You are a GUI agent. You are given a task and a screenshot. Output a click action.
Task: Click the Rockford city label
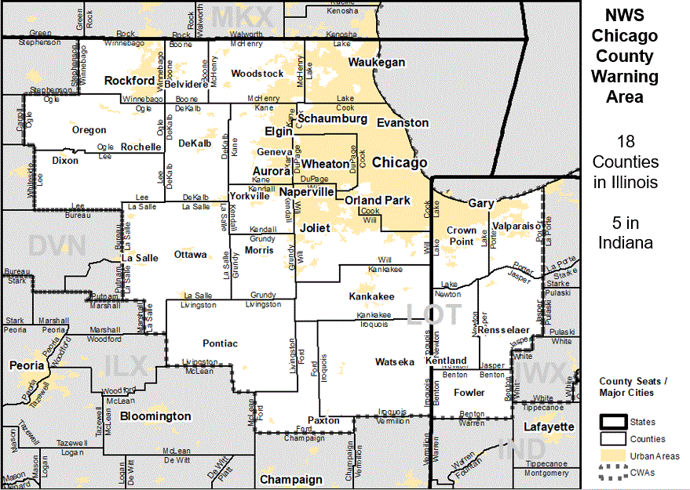[x=130, y=81]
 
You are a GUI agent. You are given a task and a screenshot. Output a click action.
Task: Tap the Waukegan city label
[x=377, y=62]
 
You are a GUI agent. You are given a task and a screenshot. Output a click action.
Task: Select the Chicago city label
[x=400, y=163]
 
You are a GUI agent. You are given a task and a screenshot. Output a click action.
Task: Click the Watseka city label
[x=395, y=362]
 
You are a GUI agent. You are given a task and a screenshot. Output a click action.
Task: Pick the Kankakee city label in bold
[x=371, y=297]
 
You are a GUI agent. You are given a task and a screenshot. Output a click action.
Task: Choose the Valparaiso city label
[x=517, y=226]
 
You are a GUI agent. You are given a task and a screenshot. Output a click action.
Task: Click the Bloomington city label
[x=155, y=416]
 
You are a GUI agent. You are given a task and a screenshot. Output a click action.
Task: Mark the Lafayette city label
[x=549, y=426]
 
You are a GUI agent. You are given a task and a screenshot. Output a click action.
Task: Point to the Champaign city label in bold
[x=290, y=479]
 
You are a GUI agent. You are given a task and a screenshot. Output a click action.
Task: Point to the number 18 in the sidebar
[x=626, y=142]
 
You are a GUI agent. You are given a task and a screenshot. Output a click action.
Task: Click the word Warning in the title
[x=625, y=77]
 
